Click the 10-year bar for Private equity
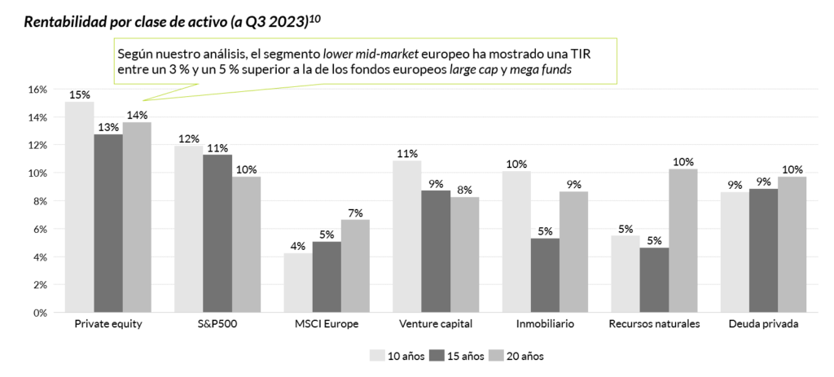[79, 207]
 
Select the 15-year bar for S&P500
[217, 234]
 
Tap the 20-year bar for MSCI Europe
[355, 266]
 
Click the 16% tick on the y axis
[37, 90]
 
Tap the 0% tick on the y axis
[40, 313]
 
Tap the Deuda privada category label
[764, 324]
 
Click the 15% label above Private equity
[79, 94]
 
